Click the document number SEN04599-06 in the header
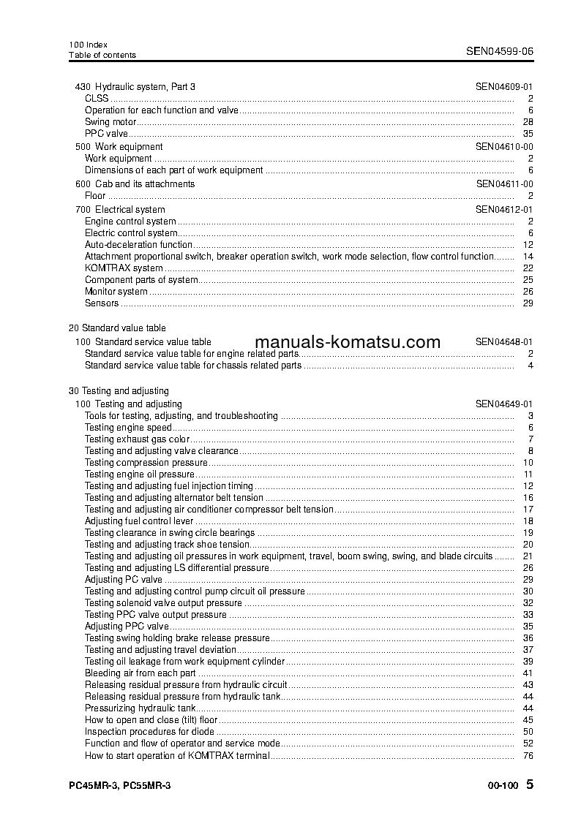500,51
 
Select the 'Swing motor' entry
110,122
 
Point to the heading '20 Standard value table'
117,328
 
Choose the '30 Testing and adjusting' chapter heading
119,391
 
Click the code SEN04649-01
503,404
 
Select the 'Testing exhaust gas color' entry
137,439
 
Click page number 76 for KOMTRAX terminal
528,755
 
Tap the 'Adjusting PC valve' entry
123,580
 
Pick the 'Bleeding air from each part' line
140,673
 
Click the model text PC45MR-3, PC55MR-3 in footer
119,785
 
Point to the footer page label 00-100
502,786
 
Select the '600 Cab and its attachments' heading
135,184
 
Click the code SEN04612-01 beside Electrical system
503,210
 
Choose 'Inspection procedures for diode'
149,732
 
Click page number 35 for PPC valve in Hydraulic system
528,134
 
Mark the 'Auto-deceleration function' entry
138,245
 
